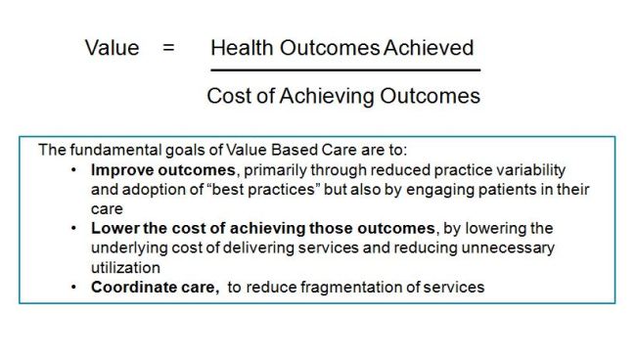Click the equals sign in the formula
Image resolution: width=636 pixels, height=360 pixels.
point(168,48)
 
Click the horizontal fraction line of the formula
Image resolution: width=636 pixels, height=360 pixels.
point(345,70)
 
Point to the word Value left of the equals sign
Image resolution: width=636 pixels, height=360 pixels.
point(112,48)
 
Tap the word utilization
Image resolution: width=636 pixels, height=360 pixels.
point(124,266)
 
